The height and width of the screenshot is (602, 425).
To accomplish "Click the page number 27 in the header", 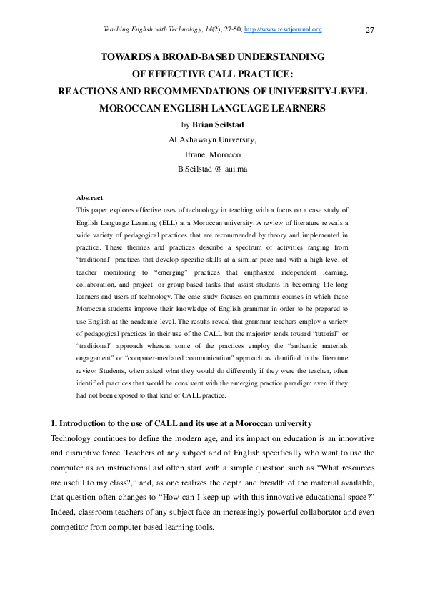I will tap(370, 30).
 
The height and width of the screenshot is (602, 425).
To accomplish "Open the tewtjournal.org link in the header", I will tap(284, 29).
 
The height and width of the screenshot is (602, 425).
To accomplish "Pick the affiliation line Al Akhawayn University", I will tap(212, 139).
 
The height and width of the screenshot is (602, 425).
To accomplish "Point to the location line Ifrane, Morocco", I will tap(212, 154).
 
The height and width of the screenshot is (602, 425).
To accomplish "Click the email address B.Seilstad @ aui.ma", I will tap(212, 169).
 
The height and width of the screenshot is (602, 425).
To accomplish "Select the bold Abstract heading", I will tap(89, 198).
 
